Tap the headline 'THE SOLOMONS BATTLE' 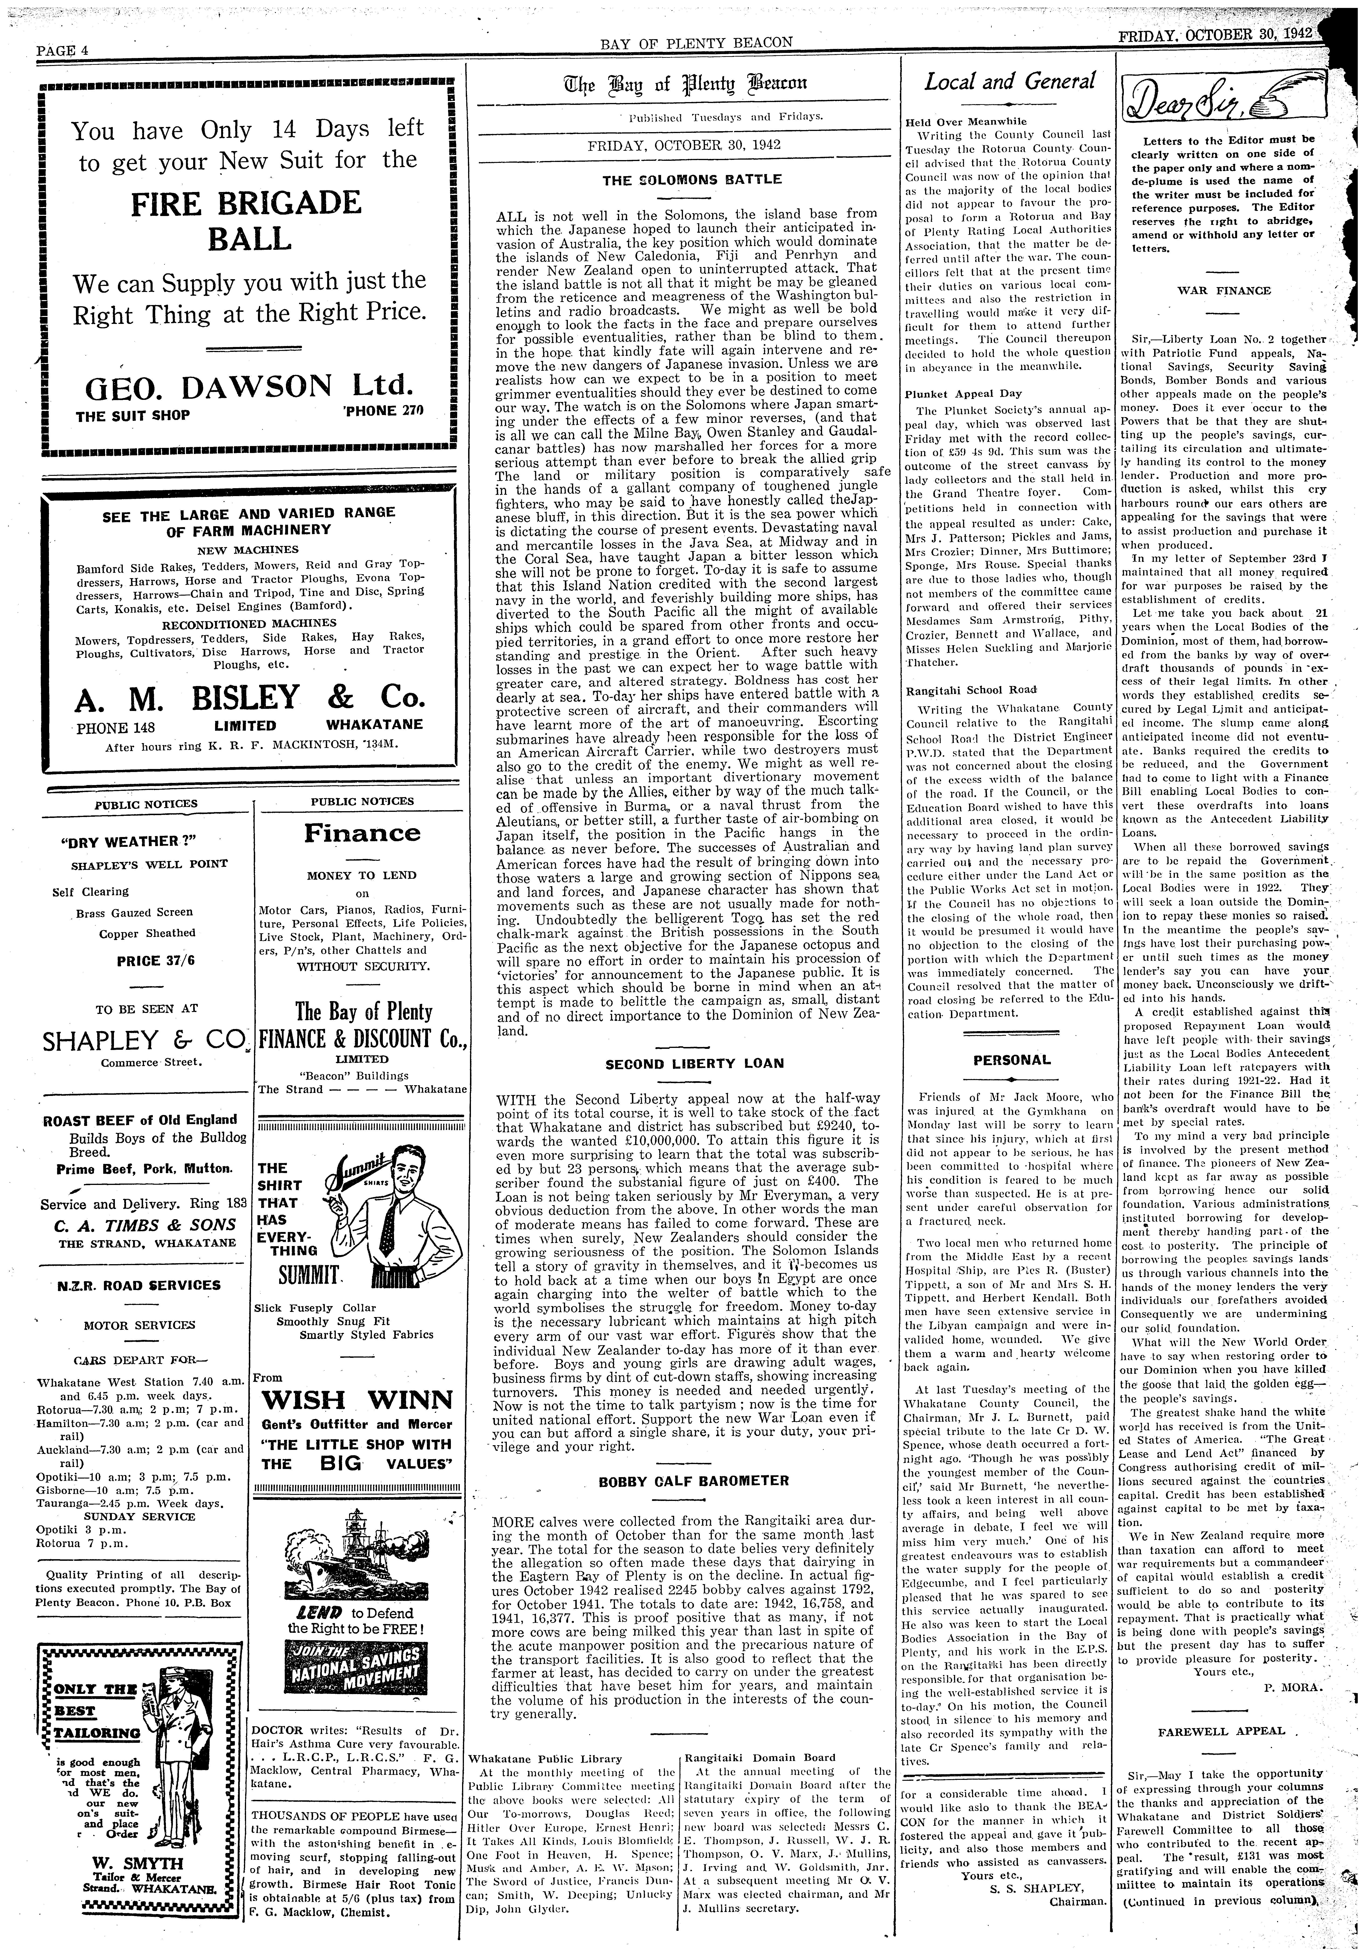(x=692, y=180)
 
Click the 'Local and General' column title (x=1010, y=82)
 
